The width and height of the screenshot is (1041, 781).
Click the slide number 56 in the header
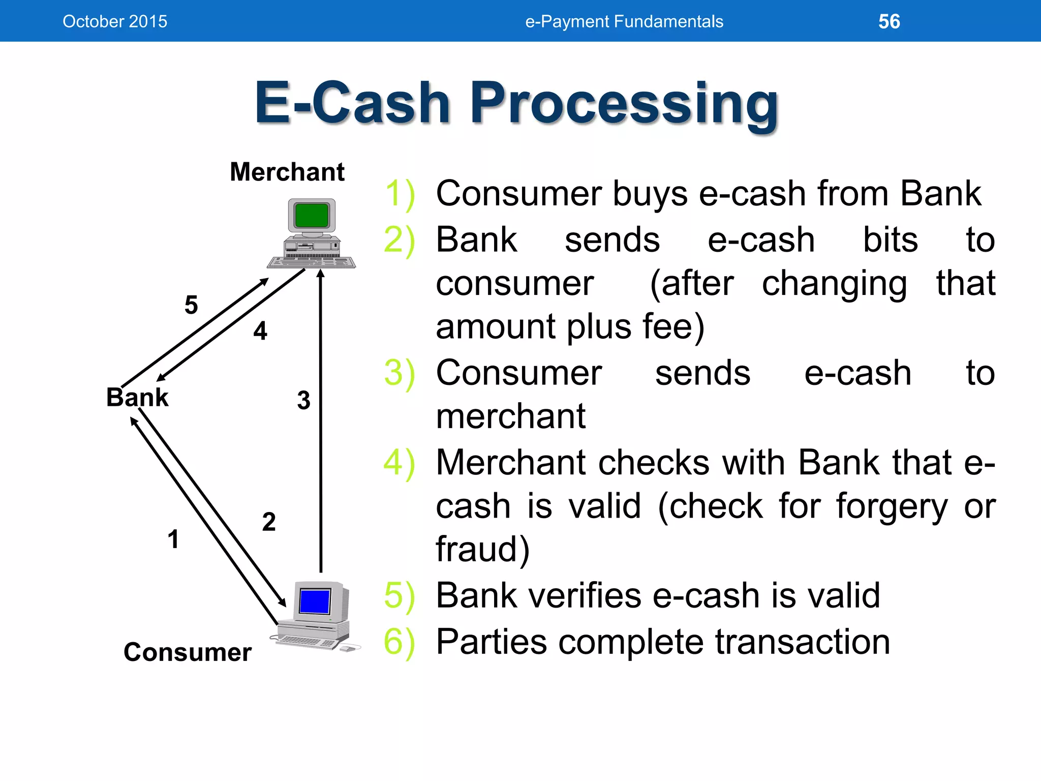[x=889, y=21]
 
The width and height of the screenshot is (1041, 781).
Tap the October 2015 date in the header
[x=115, y=21]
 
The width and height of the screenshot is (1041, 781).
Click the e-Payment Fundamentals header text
[x=624, y=21]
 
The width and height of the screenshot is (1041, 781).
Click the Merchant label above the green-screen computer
[x=287, y=172]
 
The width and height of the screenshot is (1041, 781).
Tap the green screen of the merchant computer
[x=311, y=216]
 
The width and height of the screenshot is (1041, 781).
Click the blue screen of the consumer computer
[x=315, y=602]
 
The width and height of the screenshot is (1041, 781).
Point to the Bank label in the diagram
[x=137, y=397]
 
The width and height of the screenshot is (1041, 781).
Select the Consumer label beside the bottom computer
[x=188, y=652]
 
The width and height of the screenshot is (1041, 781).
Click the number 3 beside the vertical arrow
[x=303, y=401]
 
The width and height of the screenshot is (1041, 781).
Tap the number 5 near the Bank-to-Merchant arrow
[x=191, y=305]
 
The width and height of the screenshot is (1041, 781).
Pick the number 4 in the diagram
[x=260, y=331]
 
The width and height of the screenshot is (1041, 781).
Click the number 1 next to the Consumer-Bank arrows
[x=173, y=539]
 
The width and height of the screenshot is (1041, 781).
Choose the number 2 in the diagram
[x=269, y=522]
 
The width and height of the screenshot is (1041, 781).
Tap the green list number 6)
[x=399, y=642]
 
